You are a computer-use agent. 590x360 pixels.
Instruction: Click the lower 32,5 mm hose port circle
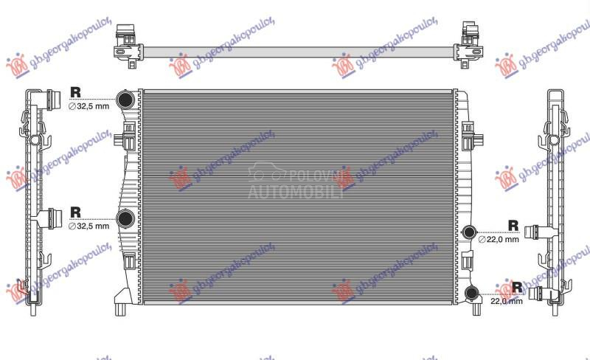point(126,218)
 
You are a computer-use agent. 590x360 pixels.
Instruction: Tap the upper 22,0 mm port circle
point(468,233)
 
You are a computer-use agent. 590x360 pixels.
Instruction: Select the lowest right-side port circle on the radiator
point(472,294)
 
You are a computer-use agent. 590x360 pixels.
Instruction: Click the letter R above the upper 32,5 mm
point(75,92)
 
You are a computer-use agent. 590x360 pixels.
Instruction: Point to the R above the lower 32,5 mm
point(75,212)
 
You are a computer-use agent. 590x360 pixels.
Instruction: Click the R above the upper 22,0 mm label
point(513,225)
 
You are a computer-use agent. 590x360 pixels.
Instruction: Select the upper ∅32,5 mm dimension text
point(88,106)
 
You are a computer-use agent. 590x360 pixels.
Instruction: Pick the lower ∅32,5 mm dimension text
point(88,226)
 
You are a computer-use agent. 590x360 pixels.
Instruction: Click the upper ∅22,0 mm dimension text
point(499,240)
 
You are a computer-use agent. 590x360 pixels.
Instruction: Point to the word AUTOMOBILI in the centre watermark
point(295,193)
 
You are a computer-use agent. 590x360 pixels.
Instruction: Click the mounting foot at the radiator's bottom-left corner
point(119,302)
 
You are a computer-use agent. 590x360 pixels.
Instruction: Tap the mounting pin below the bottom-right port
point(473,308)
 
